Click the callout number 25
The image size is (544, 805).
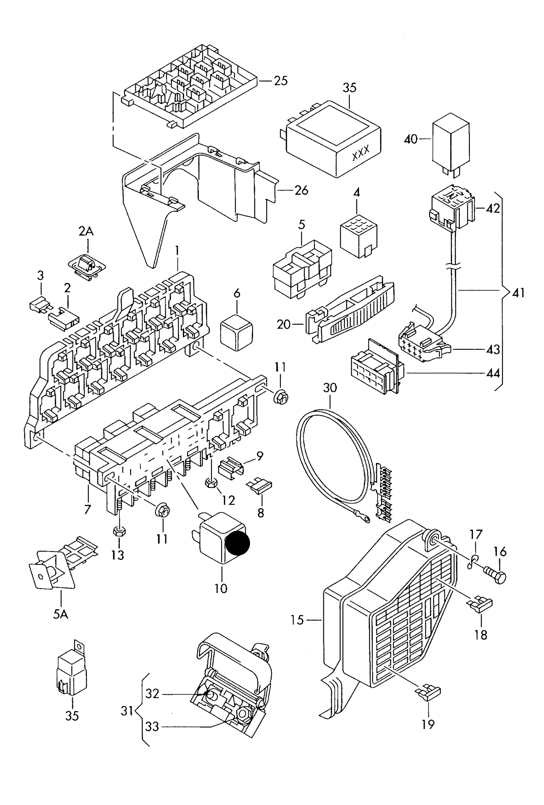280,81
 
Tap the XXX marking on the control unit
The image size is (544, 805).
360,152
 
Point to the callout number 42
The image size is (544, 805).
493,208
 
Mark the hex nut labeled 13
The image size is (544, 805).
119,531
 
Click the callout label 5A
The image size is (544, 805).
60,614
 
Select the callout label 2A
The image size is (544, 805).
86,231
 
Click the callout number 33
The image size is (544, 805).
152,726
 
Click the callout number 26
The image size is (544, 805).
301,190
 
